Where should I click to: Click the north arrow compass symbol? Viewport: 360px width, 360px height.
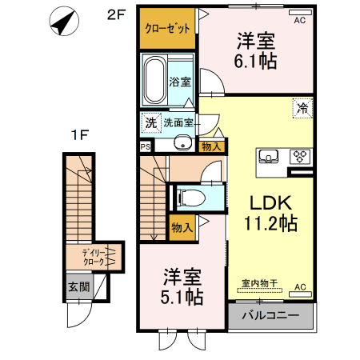point(62,23)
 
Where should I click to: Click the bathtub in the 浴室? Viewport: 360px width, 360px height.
point(156,81)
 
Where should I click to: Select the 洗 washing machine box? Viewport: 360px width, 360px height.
point(150,123)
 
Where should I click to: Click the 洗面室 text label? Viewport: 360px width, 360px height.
point(178,123)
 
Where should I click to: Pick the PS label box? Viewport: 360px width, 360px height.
point(145,146)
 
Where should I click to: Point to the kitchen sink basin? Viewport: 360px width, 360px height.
point(269,155)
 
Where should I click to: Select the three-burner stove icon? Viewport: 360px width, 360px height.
point(298,155)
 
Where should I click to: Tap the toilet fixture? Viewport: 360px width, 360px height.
point(192,197)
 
